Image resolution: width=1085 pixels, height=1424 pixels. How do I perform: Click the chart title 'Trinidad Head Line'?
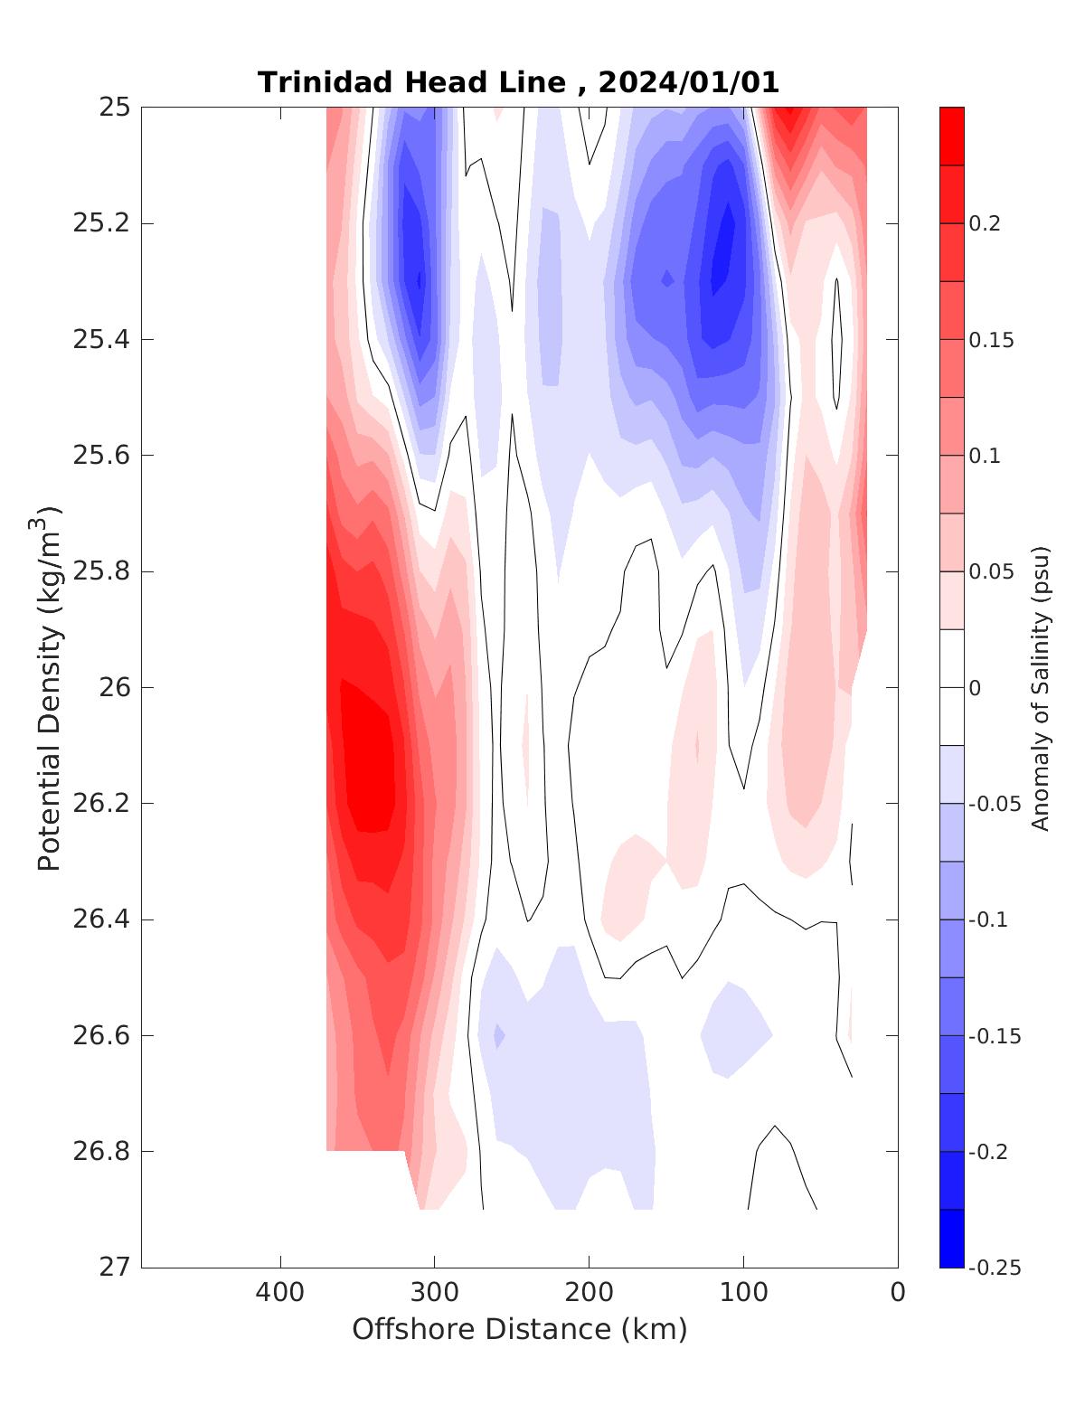[x=412, y=82]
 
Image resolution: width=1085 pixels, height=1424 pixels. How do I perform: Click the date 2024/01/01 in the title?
[x=688, y=82]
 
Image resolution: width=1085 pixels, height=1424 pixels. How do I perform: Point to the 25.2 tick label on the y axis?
[x=100, y=223]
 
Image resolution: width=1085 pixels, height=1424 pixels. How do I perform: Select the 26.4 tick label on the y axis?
[x=100, y=919]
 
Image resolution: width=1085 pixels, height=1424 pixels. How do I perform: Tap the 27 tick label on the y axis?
[x=114, y=1268]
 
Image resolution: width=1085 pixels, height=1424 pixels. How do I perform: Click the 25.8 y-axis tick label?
[x=100, y=571]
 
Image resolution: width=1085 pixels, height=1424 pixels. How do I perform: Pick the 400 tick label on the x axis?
[x=279, y=1293]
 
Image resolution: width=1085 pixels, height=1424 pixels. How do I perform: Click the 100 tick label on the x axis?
[x=743, y=1293]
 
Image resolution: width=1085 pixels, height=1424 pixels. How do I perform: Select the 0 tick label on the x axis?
[x=897, y=1293]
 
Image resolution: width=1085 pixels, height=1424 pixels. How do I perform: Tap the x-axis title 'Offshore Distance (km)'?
[x=519, y=1329]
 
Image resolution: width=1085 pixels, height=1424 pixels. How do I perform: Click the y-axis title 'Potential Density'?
[x=50, y=687]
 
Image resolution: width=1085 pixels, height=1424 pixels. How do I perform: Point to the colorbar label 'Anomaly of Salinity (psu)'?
[x=1041, y=687]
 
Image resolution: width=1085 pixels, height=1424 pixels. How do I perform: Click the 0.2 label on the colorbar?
[x=985, y=223]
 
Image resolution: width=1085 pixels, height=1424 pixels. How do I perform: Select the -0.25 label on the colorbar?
[x=994, y=1268]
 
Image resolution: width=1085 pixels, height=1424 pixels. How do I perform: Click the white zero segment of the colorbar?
[x=951, y=687]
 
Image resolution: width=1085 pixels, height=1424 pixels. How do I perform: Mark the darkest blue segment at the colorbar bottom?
[x=951, y=1239]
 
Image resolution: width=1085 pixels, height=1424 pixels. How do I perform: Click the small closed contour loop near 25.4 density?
[x=837, y=344]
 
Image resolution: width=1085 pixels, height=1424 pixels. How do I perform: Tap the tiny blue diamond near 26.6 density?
[x=498, y=1036]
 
